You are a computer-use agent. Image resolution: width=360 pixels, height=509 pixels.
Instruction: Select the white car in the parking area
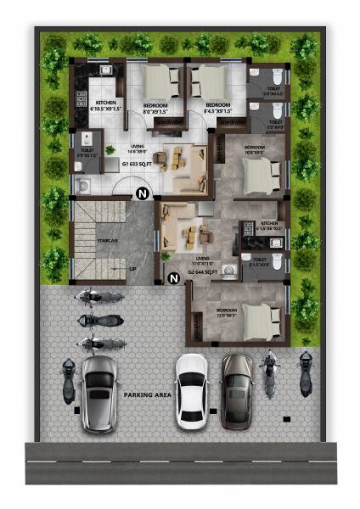click(191, 389)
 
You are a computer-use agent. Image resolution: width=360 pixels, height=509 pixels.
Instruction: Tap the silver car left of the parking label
click(100, 394)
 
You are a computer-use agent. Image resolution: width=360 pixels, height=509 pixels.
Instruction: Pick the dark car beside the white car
click(237, 389)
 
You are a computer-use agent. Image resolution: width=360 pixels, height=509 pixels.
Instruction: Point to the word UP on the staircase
click(132, 270)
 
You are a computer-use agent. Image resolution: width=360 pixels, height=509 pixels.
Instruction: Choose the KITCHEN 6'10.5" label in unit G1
click(106, 107)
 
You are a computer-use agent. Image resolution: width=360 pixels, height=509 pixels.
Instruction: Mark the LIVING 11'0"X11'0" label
click(202, 261)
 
